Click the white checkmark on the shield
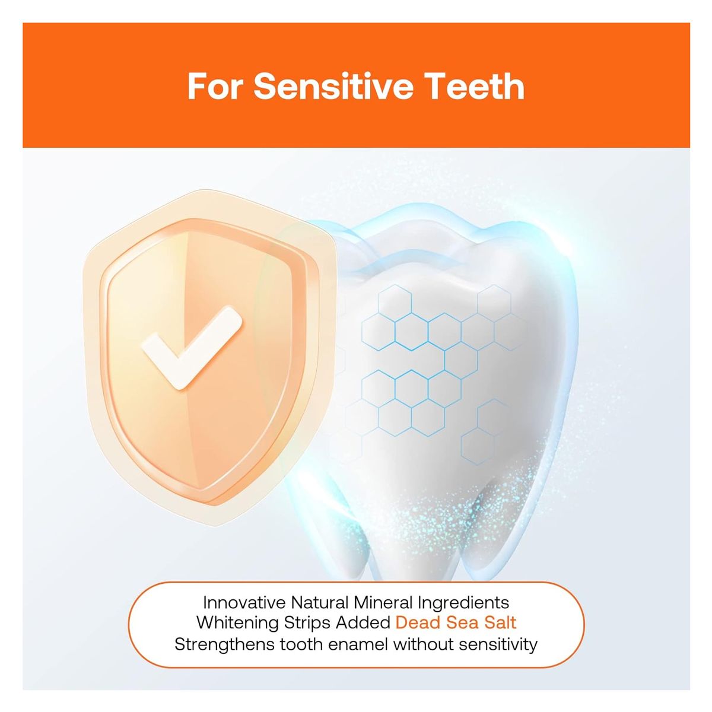192,347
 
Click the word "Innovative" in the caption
244,603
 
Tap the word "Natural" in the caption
320,603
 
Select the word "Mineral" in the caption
383,603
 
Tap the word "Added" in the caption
363,623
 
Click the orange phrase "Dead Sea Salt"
456,623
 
